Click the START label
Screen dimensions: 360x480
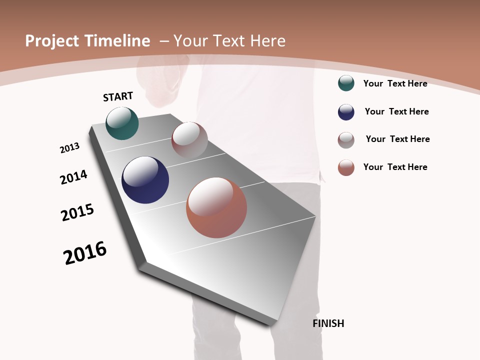118,96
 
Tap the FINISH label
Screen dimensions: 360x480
328,323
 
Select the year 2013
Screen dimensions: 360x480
69,148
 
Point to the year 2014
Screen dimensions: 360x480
73,177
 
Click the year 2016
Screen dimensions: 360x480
85,253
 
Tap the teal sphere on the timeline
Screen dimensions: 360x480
122,123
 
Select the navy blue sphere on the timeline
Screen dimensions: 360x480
145,180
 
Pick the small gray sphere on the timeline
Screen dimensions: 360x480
189,140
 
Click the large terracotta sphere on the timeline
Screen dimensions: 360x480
216,207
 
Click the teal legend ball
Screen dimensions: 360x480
346,83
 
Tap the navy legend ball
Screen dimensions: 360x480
346,112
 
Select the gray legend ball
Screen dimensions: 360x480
346,140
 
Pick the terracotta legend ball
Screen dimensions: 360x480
346,167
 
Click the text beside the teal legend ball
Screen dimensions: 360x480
395,83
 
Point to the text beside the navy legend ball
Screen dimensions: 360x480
396,111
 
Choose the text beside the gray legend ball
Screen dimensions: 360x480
397,139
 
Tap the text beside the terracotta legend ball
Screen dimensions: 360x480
395,167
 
